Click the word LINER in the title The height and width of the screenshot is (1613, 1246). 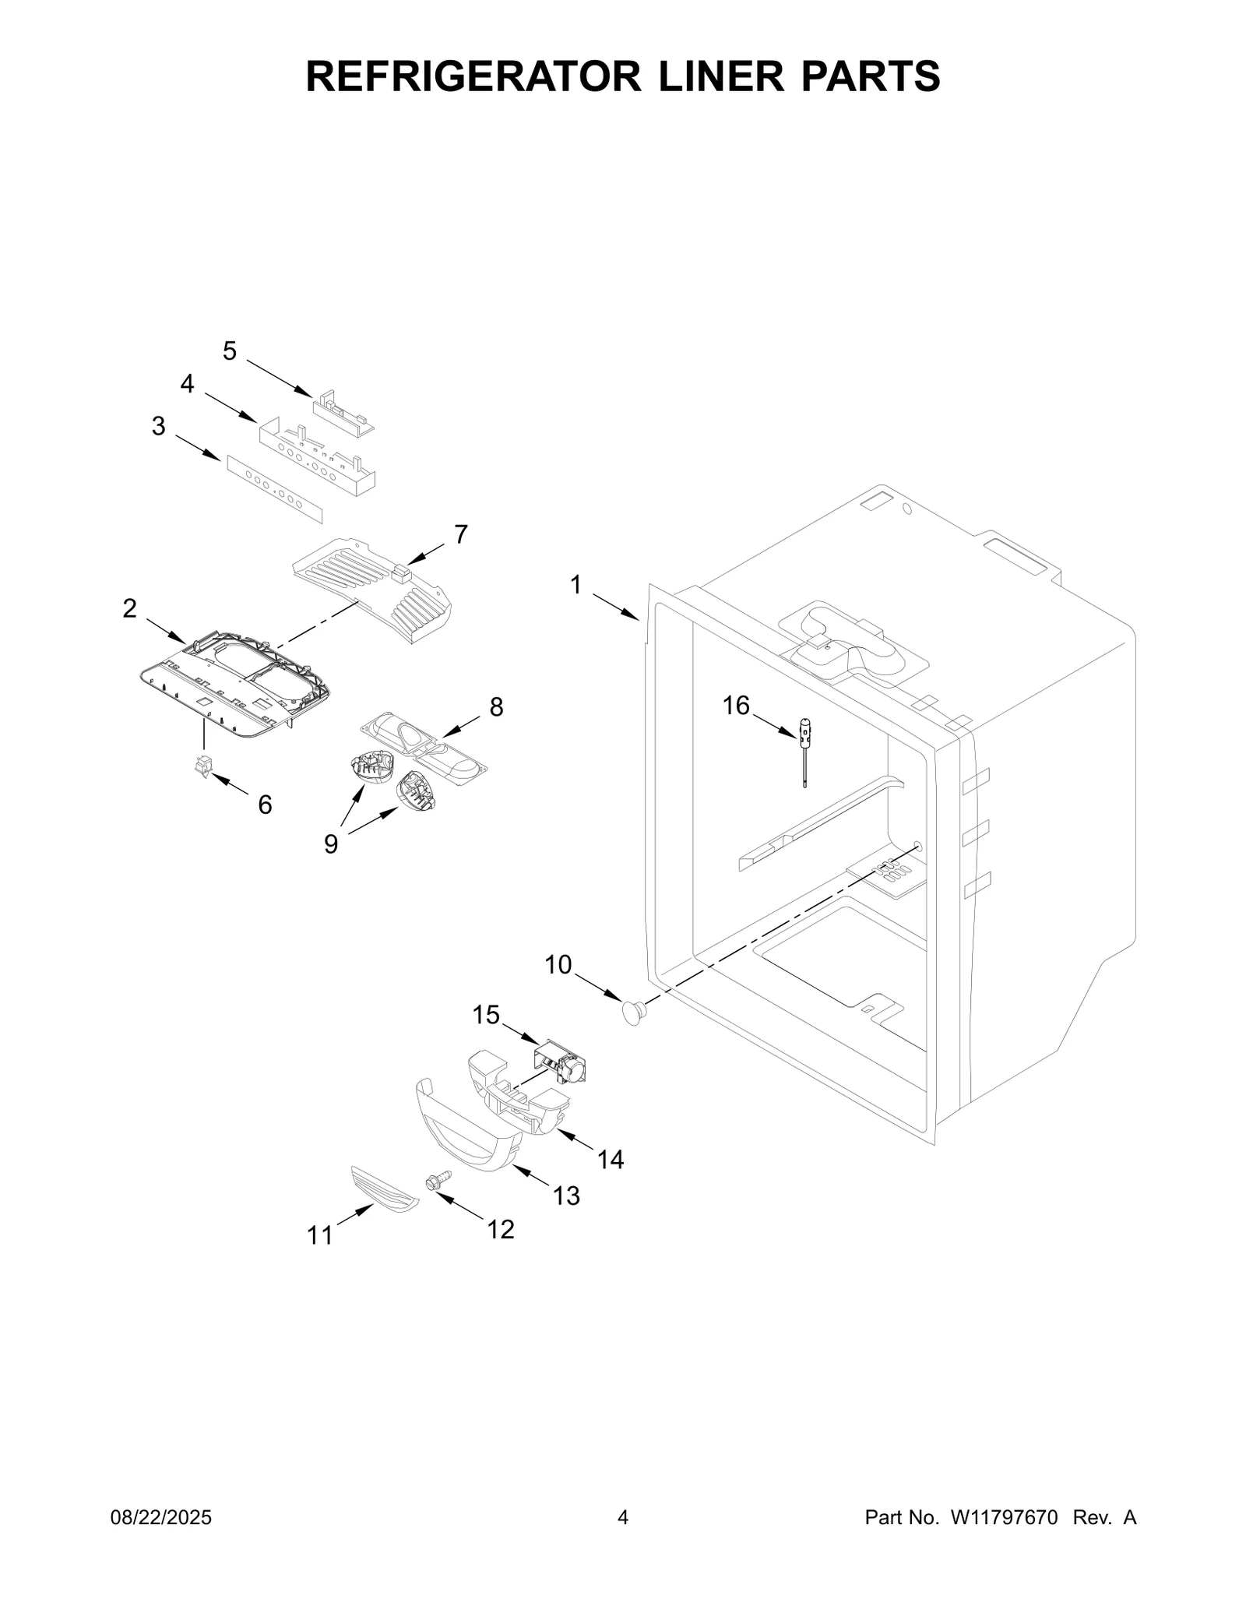pos(721,76)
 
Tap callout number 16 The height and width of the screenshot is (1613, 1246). pos(736,706)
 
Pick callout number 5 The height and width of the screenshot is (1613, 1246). pos(229,351)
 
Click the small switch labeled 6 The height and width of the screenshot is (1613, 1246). pos(202,767)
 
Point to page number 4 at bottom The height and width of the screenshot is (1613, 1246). pos(622,1517)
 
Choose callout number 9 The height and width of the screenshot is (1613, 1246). pos(332,843)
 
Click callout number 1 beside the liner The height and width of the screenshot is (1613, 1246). pos(576,585)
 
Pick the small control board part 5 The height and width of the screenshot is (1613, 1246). pos(343,414)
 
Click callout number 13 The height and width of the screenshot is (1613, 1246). pos(566,1196)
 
